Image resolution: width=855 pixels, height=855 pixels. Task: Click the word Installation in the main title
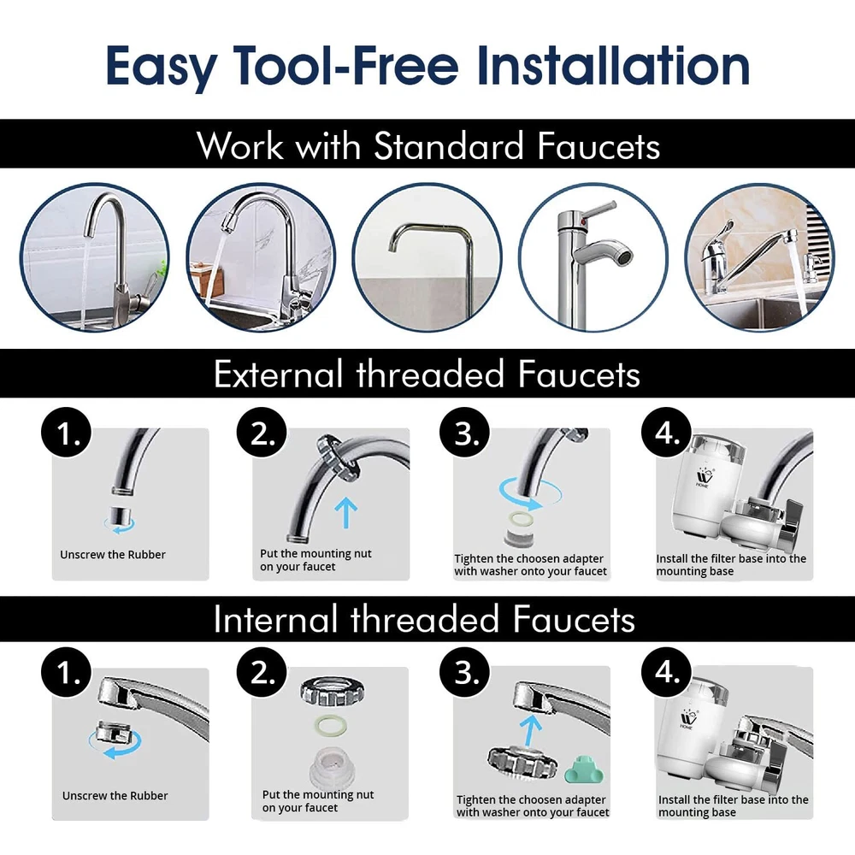pyautogui.click(x=613, y=65)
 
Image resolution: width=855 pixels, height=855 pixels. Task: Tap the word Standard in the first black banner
pyautogui.click(x=448, y=146)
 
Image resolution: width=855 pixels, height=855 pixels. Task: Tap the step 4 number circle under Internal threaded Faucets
pyautogui.click(x=666, y=672)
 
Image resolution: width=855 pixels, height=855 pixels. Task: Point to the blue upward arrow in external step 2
pyautogui.click(x=345, y=512)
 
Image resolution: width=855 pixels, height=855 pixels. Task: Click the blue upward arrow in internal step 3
pyautogui.click(x=530, y=730)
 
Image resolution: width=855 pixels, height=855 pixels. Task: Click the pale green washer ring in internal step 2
pyautogui.click(x=331, y=725)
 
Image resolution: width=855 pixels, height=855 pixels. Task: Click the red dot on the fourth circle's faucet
pyautogui.click(x=584, y=222)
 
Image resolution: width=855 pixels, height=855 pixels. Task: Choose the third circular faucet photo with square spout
pyautogui.click(x=427, y=257)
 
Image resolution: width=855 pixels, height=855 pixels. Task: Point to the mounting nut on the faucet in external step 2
pyautogui.click(x=336, y=457)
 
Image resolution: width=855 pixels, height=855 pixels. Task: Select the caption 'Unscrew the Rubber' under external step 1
pyautogui.click(x=113, y=555)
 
